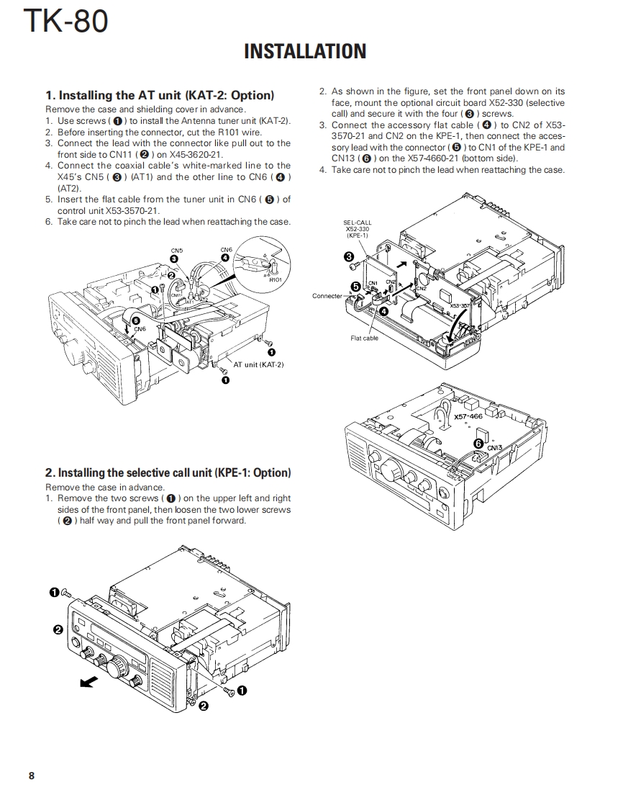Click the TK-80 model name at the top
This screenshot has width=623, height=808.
click(66, 21)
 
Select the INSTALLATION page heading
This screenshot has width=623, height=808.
click(305, 52)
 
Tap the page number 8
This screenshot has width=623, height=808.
click(32, 776)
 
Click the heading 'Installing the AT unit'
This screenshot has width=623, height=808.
click(160, 95)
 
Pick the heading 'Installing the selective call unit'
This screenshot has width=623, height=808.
click(168, 472)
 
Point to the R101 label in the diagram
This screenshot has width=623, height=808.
click(275, 279)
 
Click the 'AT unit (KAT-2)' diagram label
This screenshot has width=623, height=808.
click(258, 364)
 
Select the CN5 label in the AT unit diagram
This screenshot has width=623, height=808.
click(177, 251)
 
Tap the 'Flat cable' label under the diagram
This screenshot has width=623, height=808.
click(365, 338)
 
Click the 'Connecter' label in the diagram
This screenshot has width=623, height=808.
click(327, 296)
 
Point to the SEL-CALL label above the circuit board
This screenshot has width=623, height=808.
click(358, 223)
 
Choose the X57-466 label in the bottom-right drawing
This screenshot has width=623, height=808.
click(468, 416)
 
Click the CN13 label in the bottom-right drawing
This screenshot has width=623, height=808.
click(494, 447)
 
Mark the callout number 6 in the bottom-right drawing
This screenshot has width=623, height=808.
click(478, 444)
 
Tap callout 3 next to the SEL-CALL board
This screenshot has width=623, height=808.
click(349, 256)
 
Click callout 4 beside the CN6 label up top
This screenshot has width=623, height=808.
click(225, 257)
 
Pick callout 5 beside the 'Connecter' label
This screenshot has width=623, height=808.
click(355, 287)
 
